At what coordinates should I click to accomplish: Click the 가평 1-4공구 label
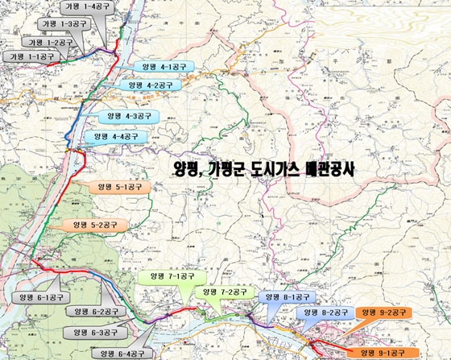point(89,6)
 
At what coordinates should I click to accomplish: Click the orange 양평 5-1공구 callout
point(119,187)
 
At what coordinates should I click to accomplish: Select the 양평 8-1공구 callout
point(286,297)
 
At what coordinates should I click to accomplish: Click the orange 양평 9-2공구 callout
point(385,312)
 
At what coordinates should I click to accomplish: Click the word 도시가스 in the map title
point(282,171)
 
